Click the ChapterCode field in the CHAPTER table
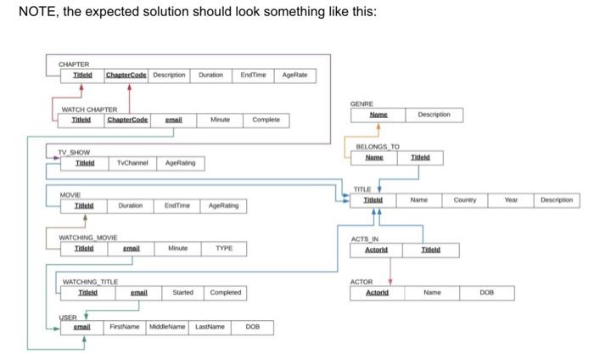tap(126, 75)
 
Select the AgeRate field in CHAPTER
tap(295, 75)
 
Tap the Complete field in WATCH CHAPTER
tap(266, 121)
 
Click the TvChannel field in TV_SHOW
tap(132, 162)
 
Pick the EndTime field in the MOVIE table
tap(177, 205)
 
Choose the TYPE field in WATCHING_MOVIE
tap(224, 248)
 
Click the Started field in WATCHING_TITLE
tap(182, 293)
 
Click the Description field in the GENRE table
tap(440, 114)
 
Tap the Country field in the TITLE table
tap(465, 201)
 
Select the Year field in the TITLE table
tap(509, 201)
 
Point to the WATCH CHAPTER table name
tap(89, 110)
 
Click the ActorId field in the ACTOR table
tap(376, 292)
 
